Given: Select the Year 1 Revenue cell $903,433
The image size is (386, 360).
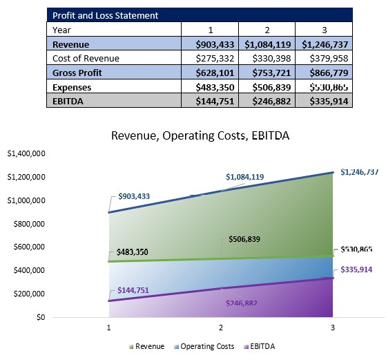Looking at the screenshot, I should pos(209,44).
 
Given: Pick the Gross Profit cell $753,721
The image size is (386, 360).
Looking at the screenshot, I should pos(267,73).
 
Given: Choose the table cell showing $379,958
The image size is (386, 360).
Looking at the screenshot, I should pos(324,59).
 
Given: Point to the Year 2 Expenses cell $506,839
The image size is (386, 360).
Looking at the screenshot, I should pos(267,88).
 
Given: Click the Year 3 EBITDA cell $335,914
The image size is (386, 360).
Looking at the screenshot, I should pos(324,102).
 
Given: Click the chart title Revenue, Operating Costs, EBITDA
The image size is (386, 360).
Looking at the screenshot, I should pos(200,136).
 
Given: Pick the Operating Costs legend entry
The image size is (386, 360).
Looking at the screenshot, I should pos(202,346).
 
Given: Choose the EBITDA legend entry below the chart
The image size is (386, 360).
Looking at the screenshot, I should pos(257,346).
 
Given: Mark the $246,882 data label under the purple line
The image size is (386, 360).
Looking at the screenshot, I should pos(241,303).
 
